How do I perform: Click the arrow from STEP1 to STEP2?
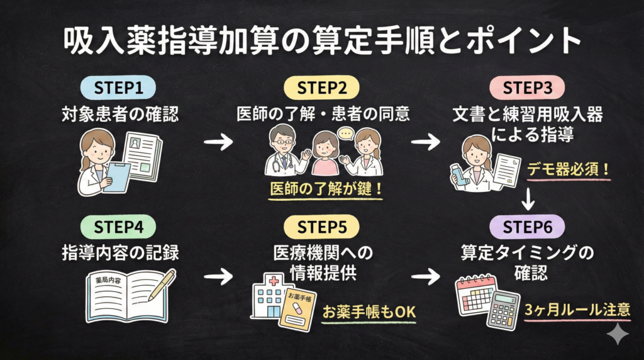(x=218, y=142)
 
